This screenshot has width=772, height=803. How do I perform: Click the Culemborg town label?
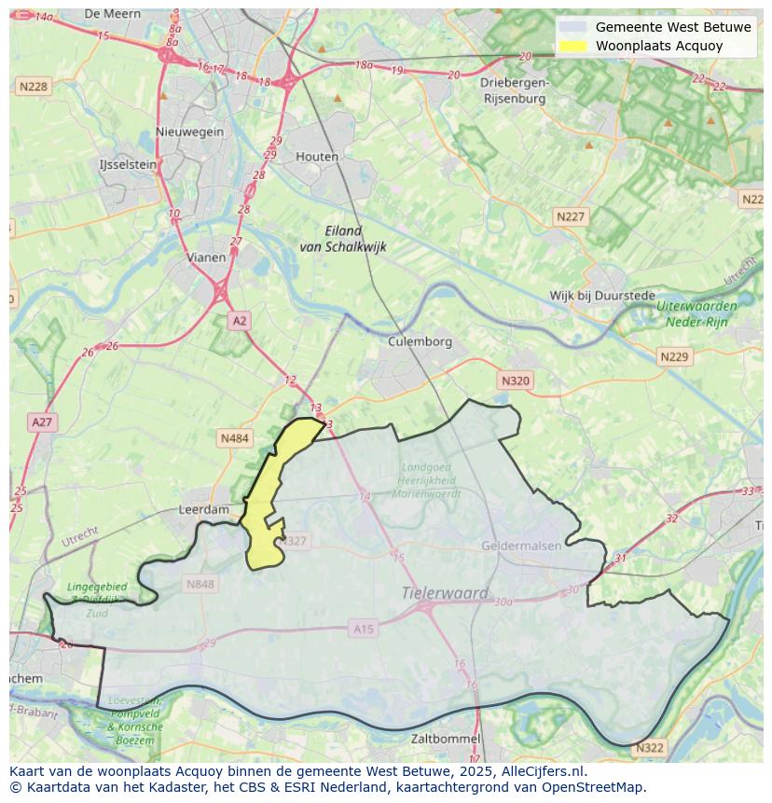pyautogui.click(x=420, y=341)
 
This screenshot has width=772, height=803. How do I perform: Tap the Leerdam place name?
pyautogui.click(x=203, y=510)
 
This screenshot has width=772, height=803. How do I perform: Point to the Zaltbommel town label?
pyautogui.click(x=446, y=739)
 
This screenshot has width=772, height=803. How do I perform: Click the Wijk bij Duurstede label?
pyautogui.click(x=602, y=296)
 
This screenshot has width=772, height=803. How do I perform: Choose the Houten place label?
pyautogui.click(x=317, y=157)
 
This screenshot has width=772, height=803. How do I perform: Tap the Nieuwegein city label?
pyautogui.click(x=190, y=132)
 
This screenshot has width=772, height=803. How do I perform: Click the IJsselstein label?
pyautogui.click(x=128, y=164)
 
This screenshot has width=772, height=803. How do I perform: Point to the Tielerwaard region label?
pyautogui.click(x=445, y=593)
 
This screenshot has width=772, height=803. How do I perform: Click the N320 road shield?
pyautogui.click(x=515, y=381)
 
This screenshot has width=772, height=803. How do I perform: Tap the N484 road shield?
pyautogui.click(x=234, y=437)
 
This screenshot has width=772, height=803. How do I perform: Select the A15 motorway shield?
pyautogui.click(x=364, y=630)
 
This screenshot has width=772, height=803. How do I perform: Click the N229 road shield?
pyautogui.click(x=673, y=357)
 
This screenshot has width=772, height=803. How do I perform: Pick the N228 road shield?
pyautogui.click(x=33, y=87)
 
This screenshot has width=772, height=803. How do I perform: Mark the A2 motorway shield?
pyautogui.click(x=240, y=321)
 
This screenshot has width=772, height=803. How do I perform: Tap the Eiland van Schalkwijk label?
pyautogui.click(x=342, y=239)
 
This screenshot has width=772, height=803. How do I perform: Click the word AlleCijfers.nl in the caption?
pyautogui.click(x=542, y=771)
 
